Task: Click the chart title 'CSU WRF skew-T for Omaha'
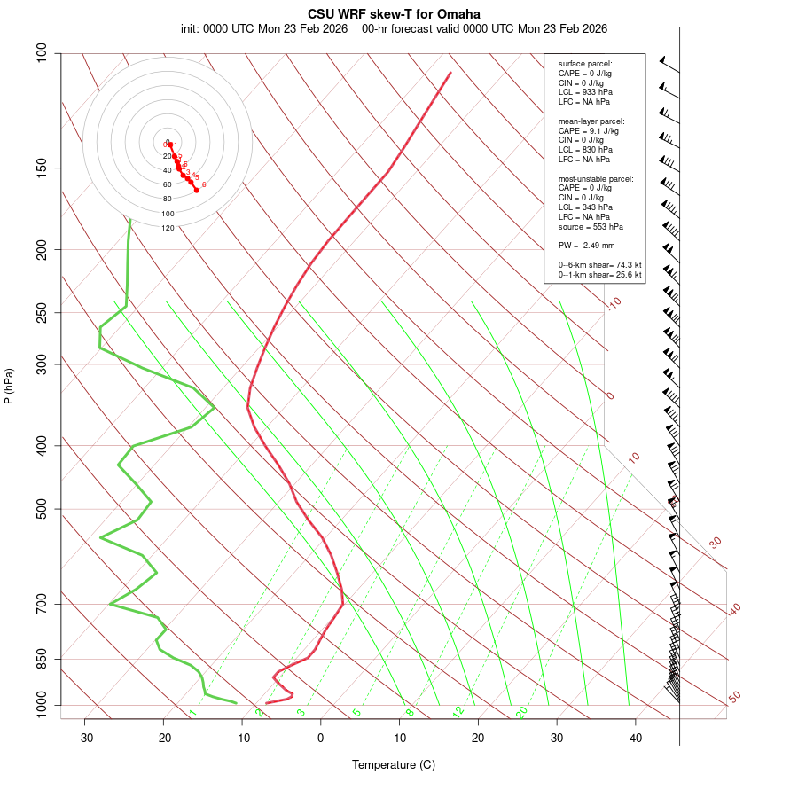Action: pyautogui.click(x=394, y=14)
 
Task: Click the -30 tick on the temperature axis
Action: pyautogui.click(x=85, y=738)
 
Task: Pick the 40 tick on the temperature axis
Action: pyautogui.click(x=636, y=738)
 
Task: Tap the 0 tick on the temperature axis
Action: pyautogui.click(x=321, y=738)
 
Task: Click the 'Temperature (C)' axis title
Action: pyautogui.click(x=394, y=764)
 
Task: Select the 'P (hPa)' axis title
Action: pyautogui.click(x=9, y=386)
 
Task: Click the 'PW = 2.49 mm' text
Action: pyautogui.click(x=587, y=246)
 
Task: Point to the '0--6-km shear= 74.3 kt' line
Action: pyautogui.click(x=600, y=265)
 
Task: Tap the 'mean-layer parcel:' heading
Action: pyautogui.click(x=591, y=121)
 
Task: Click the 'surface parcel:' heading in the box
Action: pyautogui.click(x=585, y=64)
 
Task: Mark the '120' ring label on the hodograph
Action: pyautogui.click(x=168, y=228)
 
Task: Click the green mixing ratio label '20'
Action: pyautogui.click(x=521, y=712)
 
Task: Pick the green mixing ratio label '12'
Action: pyautogui.click(x=458, y=712)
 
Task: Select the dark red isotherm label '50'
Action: pyautogui.click(x=734, y=698)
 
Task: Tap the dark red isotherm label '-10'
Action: pyautogui.click(x=614, y=303)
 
